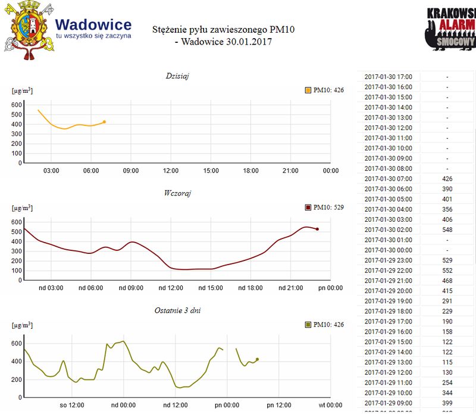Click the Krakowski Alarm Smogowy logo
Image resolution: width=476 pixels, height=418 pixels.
[451, 30]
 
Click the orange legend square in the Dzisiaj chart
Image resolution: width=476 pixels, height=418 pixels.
[308, 90]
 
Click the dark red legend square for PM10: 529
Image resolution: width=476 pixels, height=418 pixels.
[308, 208]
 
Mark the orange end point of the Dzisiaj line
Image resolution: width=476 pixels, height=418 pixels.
[104, 122]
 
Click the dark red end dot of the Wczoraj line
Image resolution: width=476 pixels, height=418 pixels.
[317, 229]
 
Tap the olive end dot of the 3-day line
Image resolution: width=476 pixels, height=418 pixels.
[257, 359]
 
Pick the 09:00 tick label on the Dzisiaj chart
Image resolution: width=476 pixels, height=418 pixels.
[131, 171]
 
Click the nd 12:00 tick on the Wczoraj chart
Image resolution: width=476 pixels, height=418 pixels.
[171, 288]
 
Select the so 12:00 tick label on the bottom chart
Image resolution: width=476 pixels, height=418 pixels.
[73, 406]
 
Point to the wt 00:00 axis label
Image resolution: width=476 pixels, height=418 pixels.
[330, 406]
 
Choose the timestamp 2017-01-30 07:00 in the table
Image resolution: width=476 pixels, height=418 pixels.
[392, 178]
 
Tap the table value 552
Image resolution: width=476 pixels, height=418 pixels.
[447, 271]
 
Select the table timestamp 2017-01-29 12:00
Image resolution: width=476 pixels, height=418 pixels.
[392, 372]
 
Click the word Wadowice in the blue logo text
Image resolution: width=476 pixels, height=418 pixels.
[93, 25]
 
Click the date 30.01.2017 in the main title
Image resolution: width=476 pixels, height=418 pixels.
[243, 42]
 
